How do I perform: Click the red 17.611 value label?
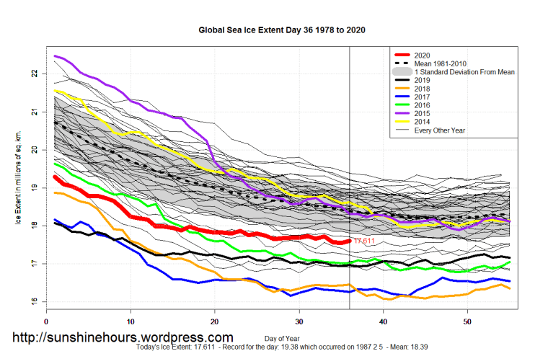[x=365, y=241]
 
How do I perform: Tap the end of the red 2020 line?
[x=350, y=241]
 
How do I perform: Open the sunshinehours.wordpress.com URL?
[x=123, y=337]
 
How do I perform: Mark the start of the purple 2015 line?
[x=56, y=56]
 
